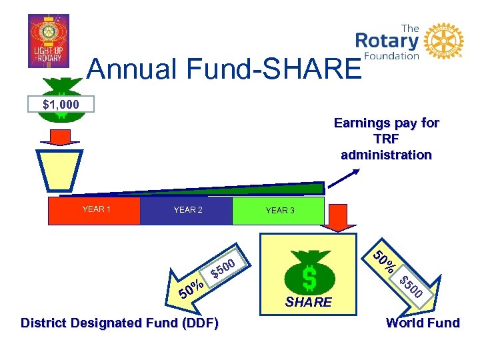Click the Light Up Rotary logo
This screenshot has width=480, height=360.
tap(48, 41)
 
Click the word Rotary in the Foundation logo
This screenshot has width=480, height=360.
tap(387, 41)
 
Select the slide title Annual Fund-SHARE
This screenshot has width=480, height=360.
tap(223, 69)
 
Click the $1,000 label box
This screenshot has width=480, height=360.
tap(61, 104)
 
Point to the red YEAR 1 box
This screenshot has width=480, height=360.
tap(95, 210)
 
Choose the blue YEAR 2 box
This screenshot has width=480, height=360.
tap(187, 210)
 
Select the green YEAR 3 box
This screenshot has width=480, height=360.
tap(279, 211)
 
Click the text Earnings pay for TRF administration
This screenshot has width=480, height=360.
tap(386, 139)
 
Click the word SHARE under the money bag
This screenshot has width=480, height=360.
tap(309, 302)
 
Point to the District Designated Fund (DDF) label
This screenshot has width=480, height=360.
tap(119, 323)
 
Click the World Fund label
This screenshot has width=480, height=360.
tap(423, 323)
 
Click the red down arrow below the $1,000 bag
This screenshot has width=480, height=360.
tap(61, 137)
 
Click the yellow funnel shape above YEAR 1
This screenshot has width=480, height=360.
tap(60, 171)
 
